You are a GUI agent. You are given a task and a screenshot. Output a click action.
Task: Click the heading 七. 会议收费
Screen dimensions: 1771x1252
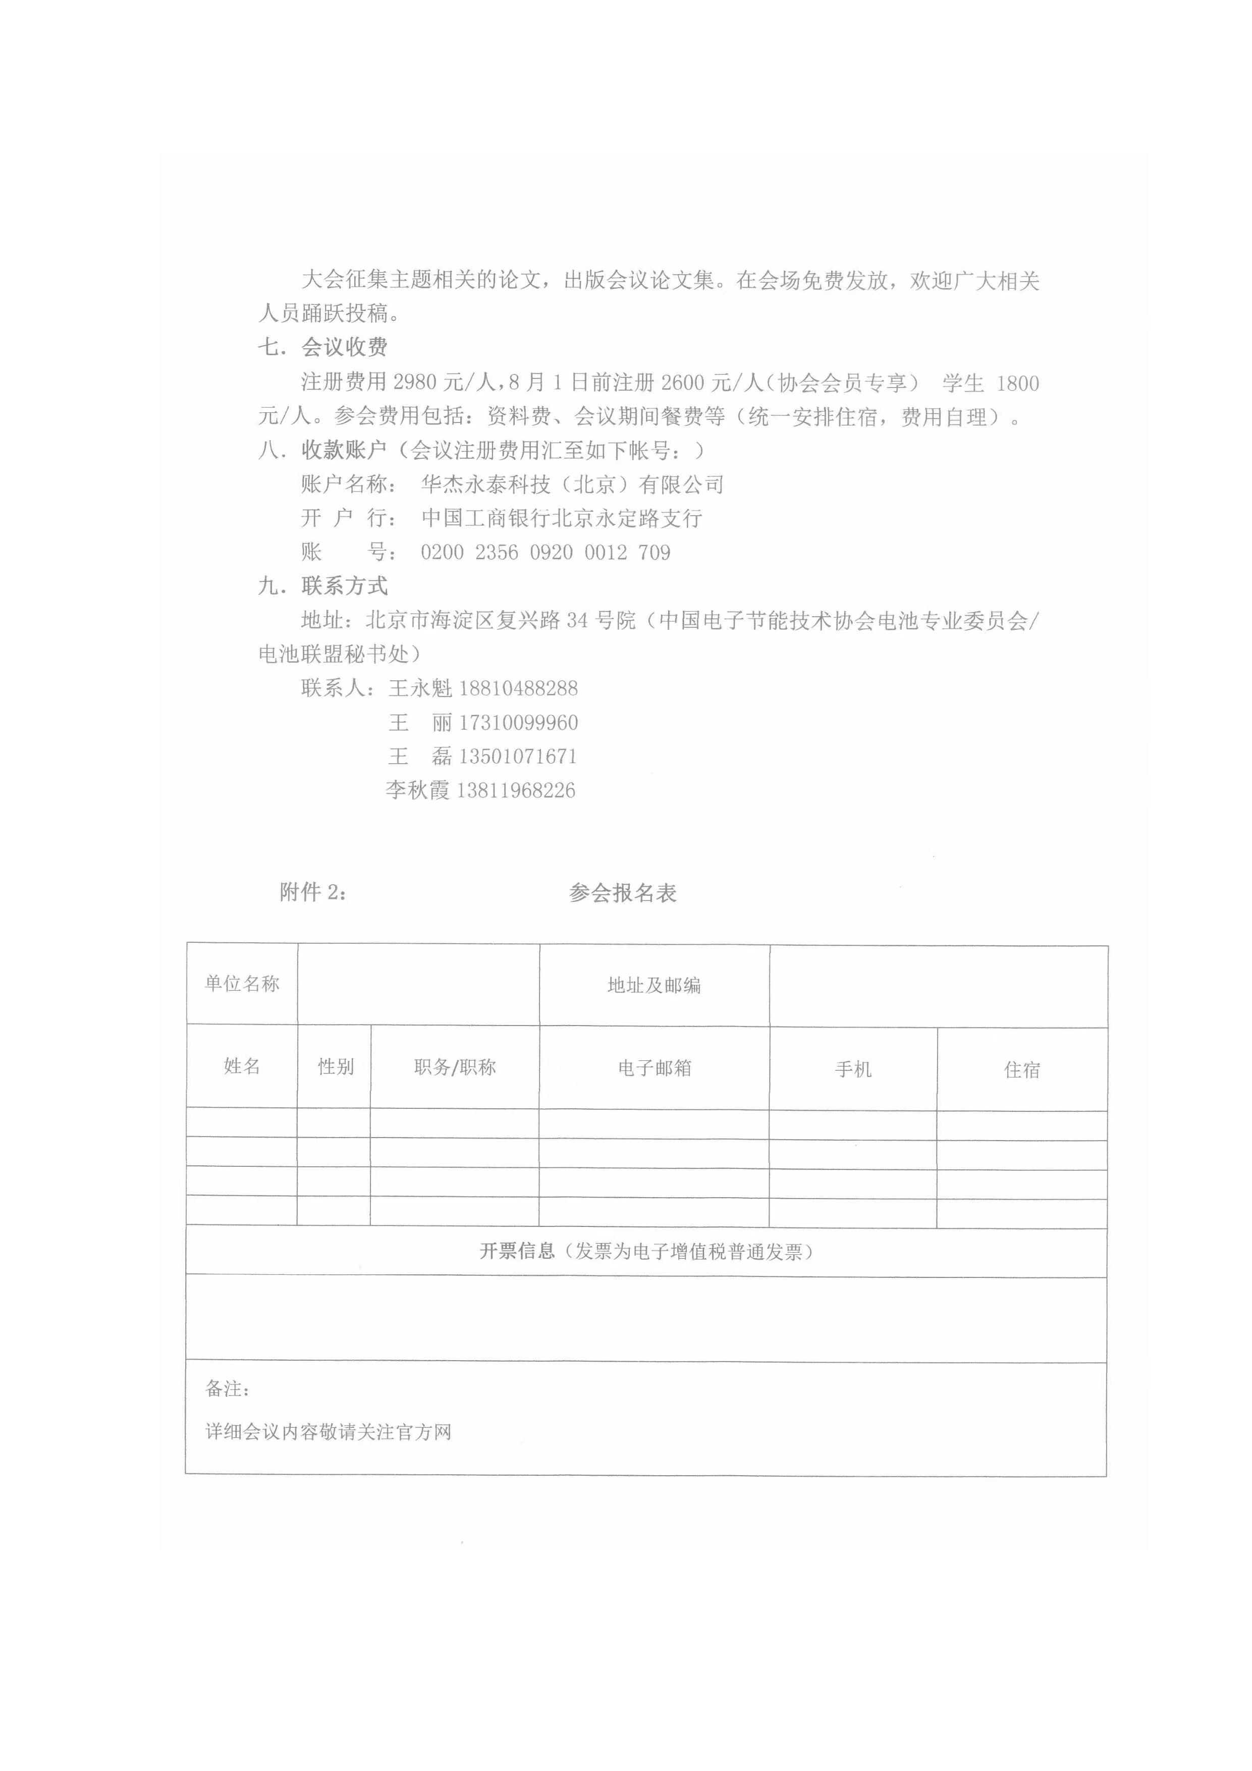(x=322, y=347)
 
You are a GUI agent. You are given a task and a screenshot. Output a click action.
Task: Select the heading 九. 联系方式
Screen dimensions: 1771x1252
(x=322, y=586)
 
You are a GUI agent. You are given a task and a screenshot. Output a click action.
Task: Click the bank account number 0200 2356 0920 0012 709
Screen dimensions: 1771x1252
(x=546, y=552)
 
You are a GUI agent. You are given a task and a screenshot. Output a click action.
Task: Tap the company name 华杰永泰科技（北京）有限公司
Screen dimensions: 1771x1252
(x=572, y=485)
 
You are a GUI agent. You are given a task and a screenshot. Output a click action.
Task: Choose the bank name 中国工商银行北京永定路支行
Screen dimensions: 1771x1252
(x=562, y=518)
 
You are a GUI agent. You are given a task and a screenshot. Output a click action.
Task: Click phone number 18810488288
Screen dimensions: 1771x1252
(x=518, y=688)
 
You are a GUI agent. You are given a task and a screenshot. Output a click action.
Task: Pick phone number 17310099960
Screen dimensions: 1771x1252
(x=518, y=723)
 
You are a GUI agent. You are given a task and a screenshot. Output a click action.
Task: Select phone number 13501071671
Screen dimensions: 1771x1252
(x=518, y=756)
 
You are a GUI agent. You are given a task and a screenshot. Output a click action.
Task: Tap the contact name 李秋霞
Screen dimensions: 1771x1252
(x=417, y=790)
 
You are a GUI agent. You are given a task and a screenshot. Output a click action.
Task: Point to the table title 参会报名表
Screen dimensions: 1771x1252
(x=623, y=893)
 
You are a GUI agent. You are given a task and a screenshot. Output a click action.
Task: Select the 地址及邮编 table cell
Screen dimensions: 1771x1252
(x=654, y=985)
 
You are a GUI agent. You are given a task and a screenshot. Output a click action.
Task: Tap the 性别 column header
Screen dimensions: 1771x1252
(x=336, y=1067)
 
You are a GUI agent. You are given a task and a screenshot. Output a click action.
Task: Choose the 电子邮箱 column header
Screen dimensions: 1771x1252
(x=654, y=1068)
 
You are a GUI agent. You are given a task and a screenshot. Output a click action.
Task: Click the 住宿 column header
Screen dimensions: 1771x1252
(x=1022, y=1070)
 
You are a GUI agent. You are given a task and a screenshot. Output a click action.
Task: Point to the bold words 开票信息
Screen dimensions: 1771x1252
(x=517, y=1251)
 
